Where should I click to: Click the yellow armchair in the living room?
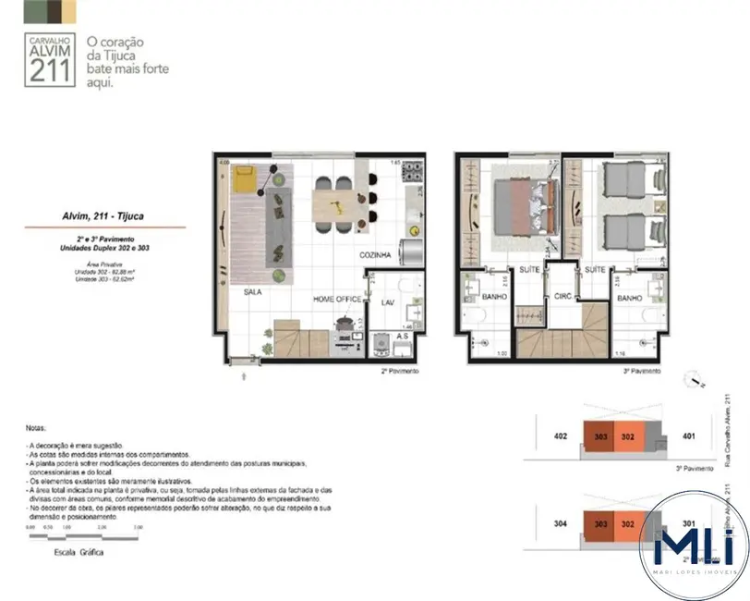[x=247, y=178]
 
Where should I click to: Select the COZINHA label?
[x=376, y=254]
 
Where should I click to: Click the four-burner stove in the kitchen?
[x=412, y=172]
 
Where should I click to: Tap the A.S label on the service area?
[x=403, y=336]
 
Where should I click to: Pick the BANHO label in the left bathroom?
[x=492, y=298]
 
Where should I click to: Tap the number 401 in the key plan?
[x=687, y=435]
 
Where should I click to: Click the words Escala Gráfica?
[x=79, y=552]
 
